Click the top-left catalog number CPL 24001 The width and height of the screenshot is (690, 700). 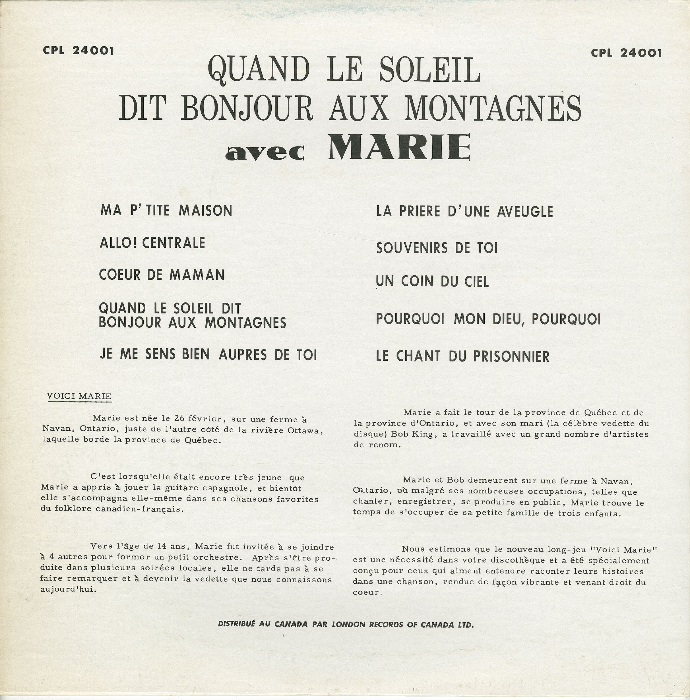click(x=78, y=51)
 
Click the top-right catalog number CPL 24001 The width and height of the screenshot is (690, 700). click(x=626, y=53)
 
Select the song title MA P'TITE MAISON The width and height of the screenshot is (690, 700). click(x=166, y=210)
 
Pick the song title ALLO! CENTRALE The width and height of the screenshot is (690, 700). click(x=152, y=243)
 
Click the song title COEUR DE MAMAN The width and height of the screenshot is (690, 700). click(x=162, y=275)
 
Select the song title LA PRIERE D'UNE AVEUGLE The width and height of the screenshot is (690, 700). click(x=464, y=212)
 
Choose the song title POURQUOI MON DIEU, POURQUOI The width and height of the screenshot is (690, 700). click(x=488, y=319)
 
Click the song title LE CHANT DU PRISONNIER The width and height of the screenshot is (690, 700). click(x=462, y=356)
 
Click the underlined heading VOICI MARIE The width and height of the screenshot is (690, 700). click(x=79, y=396)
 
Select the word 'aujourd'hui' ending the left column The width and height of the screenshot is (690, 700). click(x=69, y=589)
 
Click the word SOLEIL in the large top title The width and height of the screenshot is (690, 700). click(x=429, y=70)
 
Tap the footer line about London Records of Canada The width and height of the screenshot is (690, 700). click(x=346, y=625)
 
